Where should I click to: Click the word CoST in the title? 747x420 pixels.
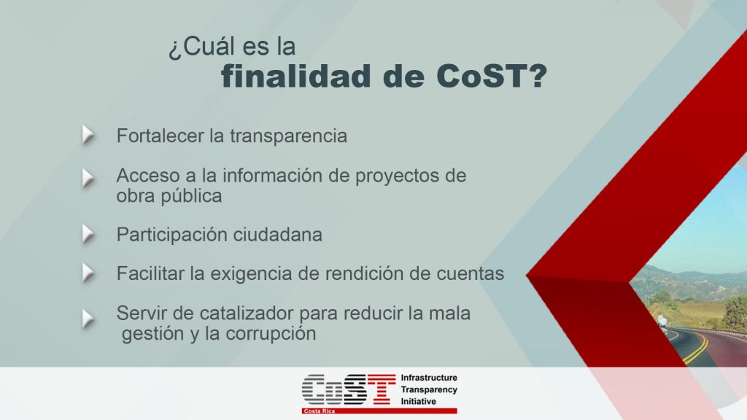point(491,76)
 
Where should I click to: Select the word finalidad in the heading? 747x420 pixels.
point(295,76)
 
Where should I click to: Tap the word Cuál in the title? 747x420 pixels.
point(208,47)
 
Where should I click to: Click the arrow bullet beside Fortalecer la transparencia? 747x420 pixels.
point(88,135)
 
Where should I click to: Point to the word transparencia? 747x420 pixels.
point(289,136)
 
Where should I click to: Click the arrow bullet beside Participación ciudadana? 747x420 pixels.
point(88,234)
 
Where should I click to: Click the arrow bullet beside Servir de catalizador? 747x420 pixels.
point(88,319)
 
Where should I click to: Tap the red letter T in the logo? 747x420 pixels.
point(381,389)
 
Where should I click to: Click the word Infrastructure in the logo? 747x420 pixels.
point(429,378)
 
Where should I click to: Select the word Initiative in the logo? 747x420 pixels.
point(418,402)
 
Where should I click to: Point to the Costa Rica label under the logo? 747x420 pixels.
point(320,411)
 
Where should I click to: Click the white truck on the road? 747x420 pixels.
point(662,321)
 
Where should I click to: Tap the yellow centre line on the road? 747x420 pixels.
point(697,347)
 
